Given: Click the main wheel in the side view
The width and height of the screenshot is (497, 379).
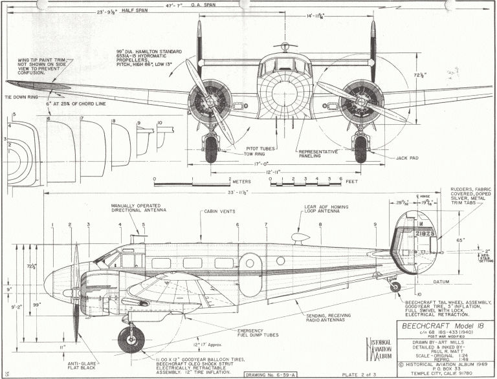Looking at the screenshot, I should [131, 340].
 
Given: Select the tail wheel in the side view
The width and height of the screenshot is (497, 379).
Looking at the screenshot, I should [395, 287].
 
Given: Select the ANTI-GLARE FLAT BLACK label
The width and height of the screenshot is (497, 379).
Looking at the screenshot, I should [83, 367].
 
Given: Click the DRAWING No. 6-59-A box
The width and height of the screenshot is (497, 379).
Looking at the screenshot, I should [271, 374].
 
